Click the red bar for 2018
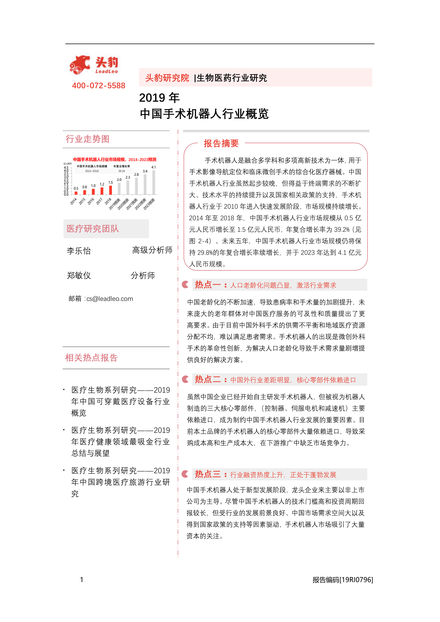(110, 190)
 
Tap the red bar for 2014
(76, 193)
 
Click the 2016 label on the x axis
(91, 201)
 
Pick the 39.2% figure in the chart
(121, 171)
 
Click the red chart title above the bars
(114, 160)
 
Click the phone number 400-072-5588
(99, 86)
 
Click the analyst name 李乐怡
(79, 251)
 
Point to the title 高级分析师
(152, 250)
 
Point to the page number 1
(82, 580)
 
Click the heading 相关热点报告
(91, 358)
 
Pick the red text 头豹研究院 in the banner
(167, 78)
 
